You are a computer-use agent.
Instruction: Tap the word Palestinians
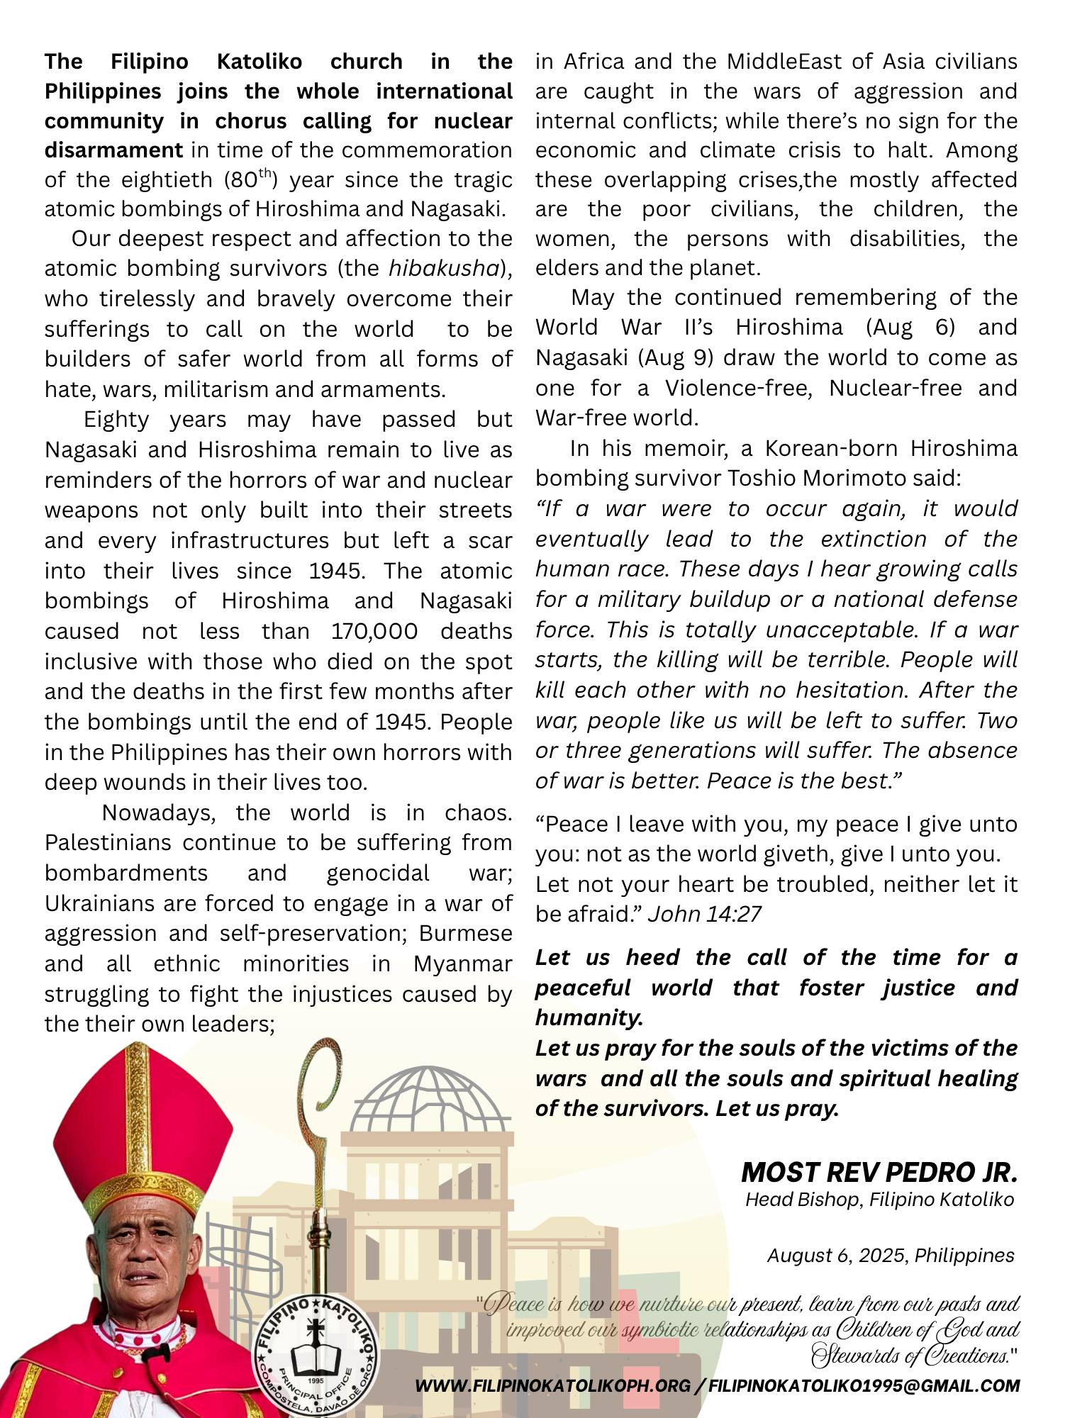click(x=108, y=842)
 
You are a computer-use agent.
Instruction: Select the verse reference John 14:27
click(x=704, y=914)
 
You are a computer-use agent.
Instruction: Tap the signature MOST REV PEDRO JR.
click(x=879, y=1173)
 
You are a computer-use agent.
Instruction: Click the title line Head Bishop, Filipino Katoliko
click(x=879, y=1200)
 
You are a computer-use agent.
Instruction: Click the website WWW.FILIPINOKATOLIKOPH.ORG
click(x=552, y=1385)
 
